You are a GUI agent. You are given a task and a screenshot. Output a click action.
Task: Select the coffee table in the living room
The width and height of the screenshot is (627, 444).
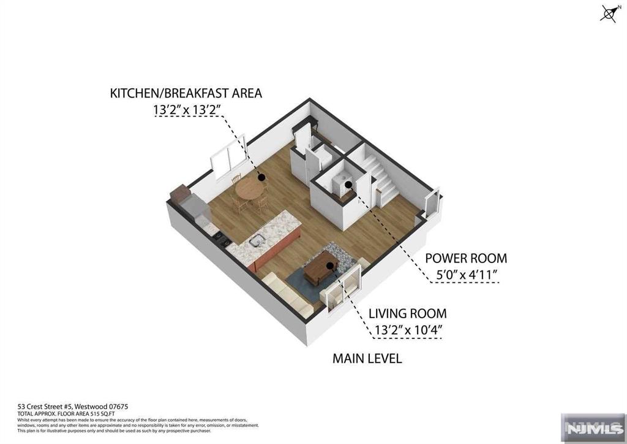(320, 269)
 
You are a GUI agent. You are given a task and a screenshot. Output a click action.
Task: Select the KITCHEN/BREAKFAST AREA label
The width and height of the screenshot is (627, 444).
(186, 93)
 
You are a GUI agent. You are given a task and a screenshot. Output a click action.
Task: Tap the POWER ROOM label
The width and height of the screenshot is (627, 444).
(466, 258)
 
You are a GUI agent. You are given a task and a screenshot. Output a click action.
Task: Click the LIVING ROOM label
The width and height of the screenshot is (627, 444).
(407, 313)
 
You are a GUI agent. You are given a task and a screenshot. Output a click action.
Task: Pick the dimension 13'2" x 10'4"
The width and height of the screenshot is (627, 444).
(407, 331)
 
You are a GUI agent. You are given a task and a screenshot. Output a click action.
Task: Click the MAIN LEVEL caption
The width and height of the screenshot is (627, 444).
(367, 358)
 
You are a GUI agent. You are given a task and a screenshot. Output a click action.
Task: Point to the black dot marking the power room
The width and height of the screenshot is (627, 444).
(348, 184)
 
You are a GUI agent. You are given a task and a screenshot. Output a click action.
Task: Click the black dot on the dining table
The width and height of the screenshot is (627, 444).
(261, 178)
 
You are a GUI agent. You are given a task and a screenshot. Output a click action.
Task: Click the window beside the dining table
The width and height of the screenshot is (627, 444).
(228, 158)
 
